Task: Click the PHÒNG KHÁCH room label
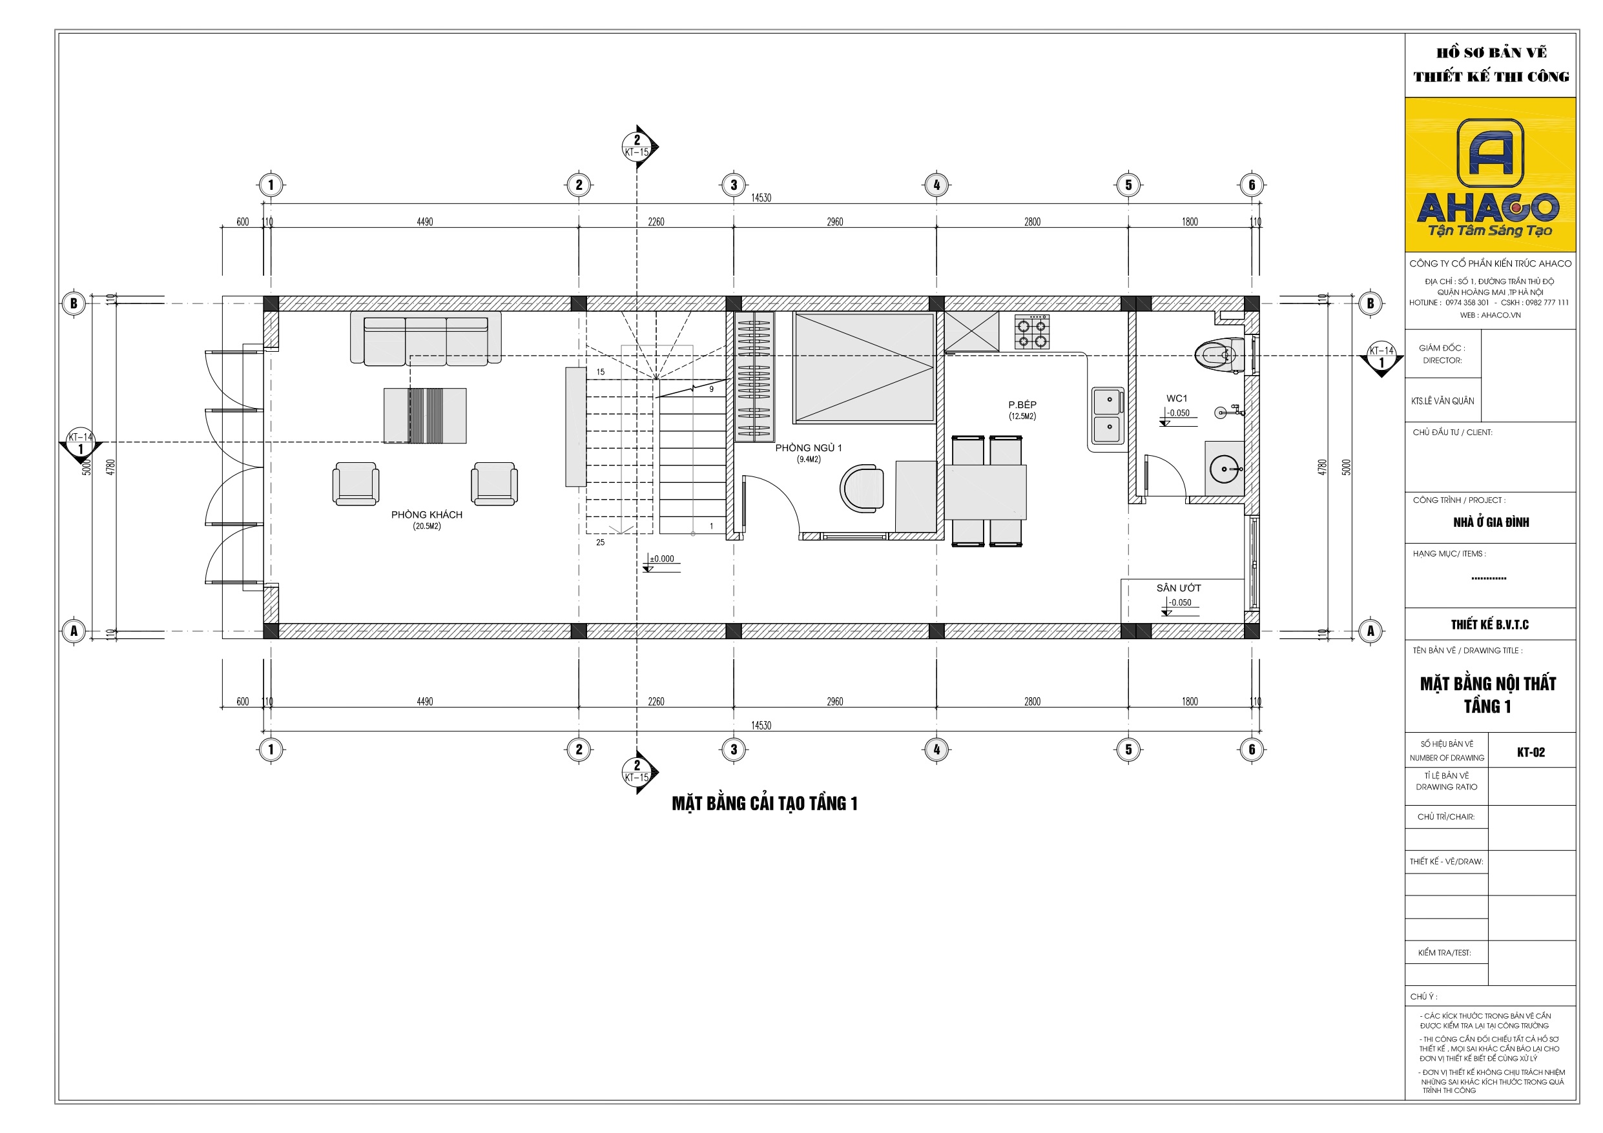point(426,515)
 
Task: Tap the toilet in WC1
point(1219,354)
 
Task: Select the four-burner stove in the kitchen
point(1031,332)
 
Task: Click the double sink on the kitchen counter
point(1107,415)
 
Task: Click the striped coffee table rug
point(425,415)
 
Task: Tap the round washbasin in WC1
point(1223,469)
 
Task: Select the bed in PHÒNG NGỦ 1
point(864,368)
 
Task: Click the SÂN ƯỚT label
point(1179,587)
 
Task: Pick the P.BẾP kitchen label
point(1022,405)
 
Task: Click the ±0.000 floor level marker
point(662,558)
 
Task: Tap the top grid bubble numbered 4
point(936,185)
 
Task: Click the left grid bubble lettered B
point(74,303)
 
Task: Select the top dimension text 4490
point(424,222)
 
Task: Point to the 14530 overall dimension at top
point(761,198)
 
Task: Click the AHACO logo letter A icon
point(1490,152)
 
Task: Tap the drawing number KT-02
point(1531,752)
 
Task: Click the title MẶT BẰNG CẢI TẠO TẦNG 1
point(764,804)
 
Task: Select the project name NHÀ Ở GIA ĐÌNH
point(1491,522)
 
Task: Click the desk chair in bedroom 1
point(863,488)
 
